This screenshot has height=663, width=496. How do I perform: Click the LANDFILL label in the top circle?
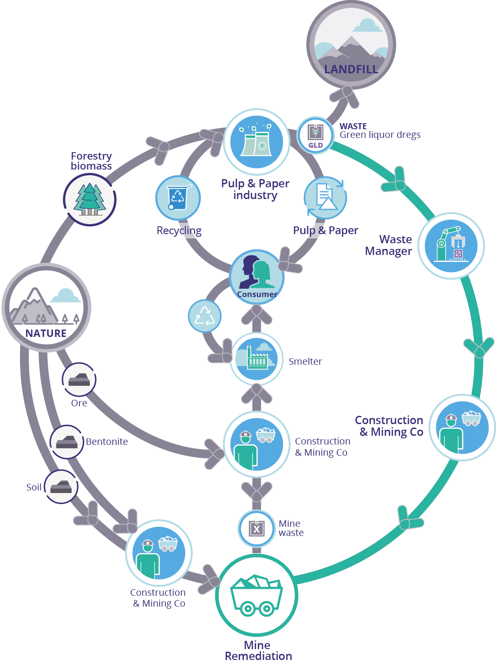pos(351,69)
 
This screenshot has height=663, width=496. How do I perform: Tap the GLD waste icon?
pos(315,135)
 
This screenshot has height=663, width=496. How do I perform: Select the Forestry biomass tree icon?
pos(90,200)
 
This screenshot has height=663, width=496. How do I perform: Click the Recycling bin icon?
pos(178,198)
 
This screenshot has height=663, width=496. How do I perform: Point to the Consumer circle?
pos(256,277)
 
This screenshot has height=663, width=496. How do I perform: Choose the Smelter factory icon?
pos(256,359)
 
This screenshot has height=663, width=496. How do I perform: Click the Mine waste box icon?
pos(256,529)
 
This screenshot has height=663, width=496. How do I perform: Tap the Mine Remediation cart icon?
pos(256,595)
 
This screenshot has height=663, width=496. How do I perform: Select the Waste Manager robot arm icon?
pos(451,246)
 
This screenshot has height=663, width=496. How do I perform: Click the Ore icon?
pos(79,380)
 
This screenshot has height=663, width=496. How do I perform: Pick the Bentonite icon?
pos(67,442)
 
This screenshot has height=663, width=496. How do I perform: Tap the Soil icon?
pos(61,487)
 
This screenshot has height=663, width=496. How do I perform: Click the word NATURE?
pos(46,333)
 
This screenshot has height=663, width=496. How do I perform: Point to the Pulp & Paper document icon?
pos(325,198)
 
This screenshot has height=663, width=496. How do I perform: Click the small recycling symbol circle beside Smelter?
pos(204,316)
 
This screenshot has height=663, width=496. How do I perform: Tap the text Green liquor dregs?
pos(380,135)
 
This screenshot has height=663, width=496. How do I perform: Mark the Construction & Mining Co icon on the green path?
pos(462,428)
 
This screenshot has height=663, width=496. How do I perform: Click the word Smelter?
pos(305,361)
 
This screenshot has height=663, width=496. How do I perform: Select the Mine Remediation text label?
pos(258,650)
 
